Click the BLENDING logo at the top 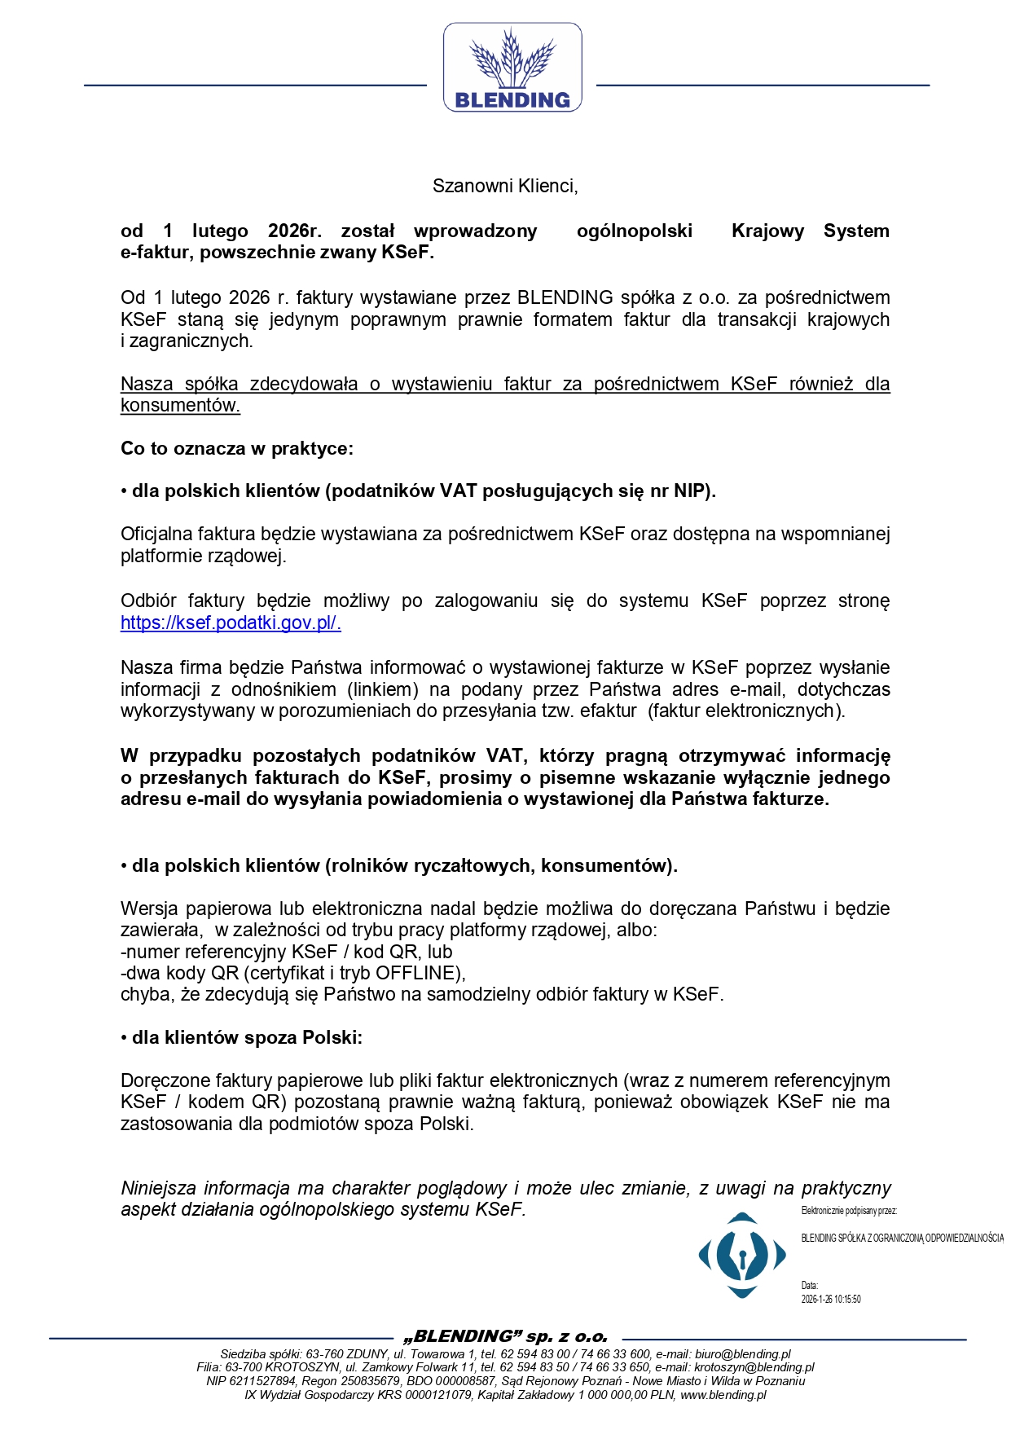coord(512,68)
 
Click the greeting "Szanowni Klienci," coord(505,186)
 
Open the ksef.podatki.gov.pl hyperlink coord(231,623)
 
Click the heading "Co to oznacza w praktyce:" coord(237,448)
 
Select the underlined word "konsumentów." coord(180,406)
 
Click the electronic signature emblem coord(742,1255)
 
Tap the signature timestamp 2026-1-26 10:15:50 coord(831,1299)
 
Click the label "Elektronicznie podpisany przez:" coord(849,1211)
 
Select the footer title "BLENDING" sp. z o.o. coord(506,1337)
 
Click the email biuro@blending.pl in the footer coord(742,1354)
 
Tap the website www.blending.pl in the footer coord(723,1395)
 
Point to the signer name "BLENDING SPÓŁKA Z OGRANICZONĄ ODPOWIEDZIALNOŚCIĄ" coord(902,1238)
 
